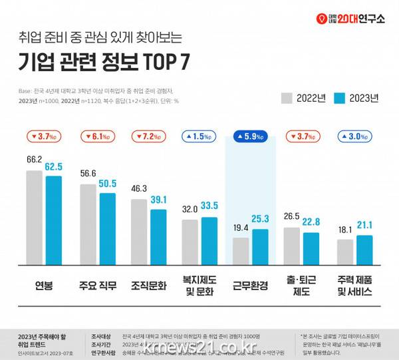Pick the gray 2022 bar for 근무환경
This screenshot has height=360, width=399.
(x=241, y=252)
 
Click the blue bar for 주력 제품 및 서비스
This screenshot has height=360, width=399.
(x=364, y=250)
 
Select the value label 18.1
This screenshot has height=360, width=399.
(x=345, y=230)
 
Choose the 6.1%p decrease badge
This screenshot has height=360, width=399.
(x=98, y=137)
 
